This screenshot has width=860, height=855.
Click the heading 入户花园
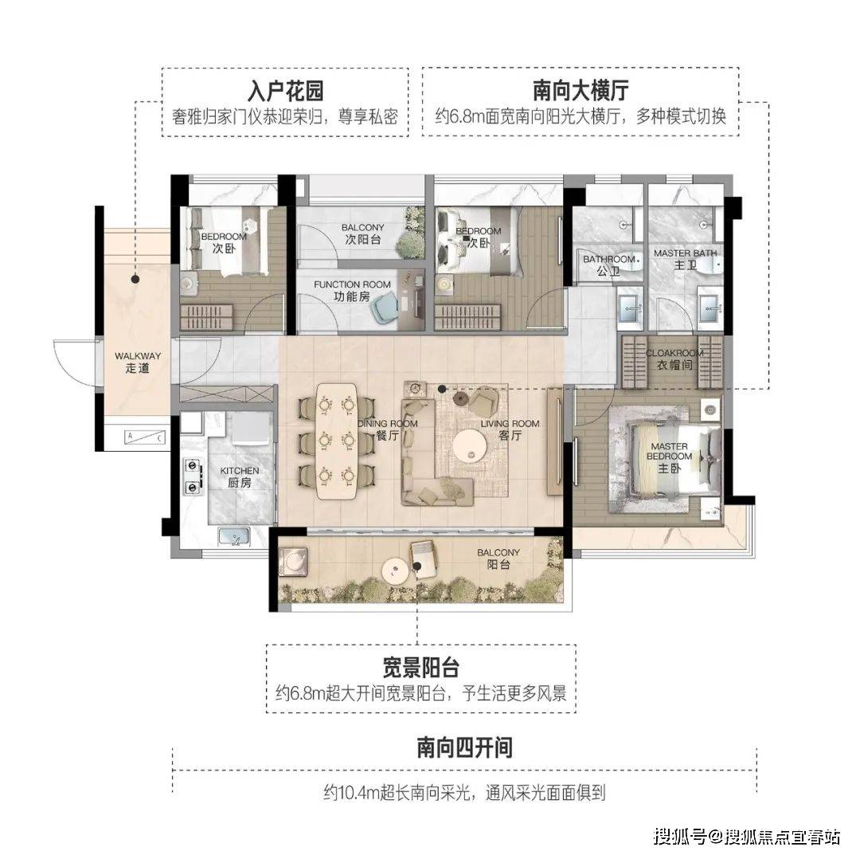point(286,91)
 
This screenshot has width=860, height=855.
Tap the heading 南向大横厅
point(580,91)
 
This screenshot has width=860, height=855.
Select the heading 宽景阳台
point(420,668)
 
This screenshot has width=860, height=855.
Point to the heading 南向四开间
point(464,747)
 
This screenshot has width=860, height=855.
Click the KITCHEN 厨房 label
point(240,477)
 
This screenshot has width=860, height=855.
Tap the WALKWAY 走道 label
point(138,363)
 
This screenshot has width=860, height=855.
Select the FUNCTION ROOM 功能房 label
point(352,291)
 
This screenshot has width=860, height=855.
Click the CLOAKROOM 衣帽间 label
point(674,359)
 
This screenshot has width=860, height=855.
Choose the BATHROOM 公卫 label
point(609,265)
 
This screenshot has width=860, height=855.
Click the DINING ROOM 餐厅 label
point(388,429)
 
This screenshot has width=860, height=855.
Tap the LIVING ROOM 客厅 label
point(510,429)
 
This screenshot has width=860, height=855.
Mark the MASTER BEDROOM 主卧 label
point(669,457)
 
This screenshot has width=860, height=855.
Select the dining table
point(336,441)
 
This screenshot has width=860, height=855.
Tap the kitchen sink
point(234,536)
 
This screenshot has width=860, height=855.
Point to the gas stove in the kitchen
point(193,475)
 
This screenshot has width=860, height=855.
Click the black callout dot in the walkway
point(135,280)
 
